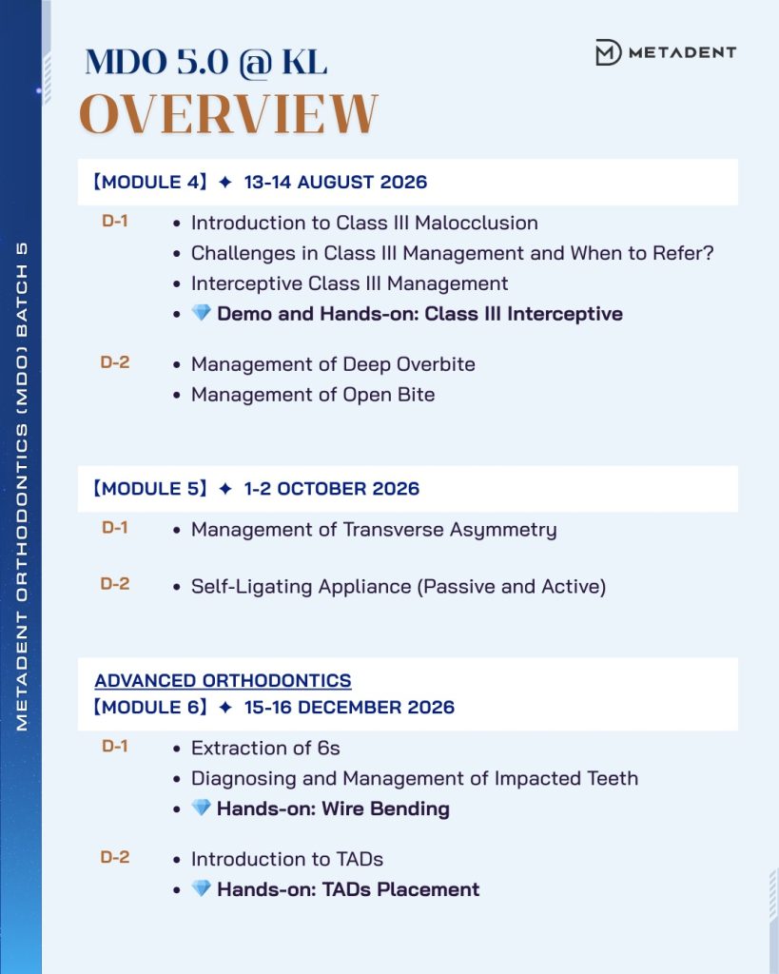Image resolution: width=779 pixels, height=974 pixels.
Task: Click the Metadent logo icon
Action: point(608,52)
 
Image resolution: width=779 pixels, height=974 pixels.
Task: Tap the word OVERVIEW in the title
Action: point(228,115)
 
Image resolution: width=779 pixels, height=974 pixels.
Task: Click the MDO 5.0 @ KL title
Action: point(205,62)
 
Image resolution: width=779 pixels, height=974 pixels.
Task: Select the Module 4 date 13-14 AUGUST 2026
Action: point(335,182)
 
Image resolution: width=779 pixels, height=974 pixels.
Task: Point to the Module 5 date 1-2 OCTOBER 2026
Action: point(331,489)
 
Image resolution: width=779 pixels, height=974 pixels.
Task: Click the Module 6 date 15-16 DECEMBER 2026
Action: point(349,707)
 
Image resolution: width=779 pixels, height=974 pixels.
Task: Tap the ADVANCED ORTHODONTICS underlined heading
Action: point(223,680)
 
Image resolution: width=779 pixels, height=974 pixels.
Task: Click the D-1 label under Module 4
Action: point(115,221)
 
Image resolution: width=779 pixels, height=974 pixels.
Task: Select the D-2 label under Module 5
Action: point(115,584)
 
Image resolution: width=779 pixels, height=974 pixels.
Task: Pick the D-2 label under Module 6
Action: point(115,857)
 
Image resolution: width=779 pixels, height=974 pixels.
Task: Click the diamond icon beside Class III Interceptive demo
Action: point(201,314)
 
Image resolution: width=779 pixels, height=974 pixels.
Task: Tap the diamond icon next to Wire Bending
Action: point(201,808)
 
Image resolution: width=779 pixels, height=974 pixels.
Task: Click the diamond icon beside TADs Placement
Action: point(201,889)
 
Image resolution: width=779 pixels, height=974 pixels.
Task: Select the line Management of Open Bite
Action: point(313,394)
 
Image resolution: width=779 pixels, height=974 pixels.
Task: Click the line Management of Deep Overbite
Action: point(333,363)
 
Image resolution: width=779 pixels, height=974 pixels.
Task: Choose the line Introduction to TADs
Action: point(287,859)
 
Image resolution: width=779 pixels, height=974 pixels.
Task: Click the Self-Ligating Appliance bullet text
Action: point(399,586)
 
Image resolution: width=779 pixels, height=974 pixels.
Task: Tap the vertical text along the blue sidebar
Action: point(22,485)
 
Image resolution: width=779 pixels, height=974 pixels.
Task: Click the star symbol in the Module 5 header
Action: point(225,489)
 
